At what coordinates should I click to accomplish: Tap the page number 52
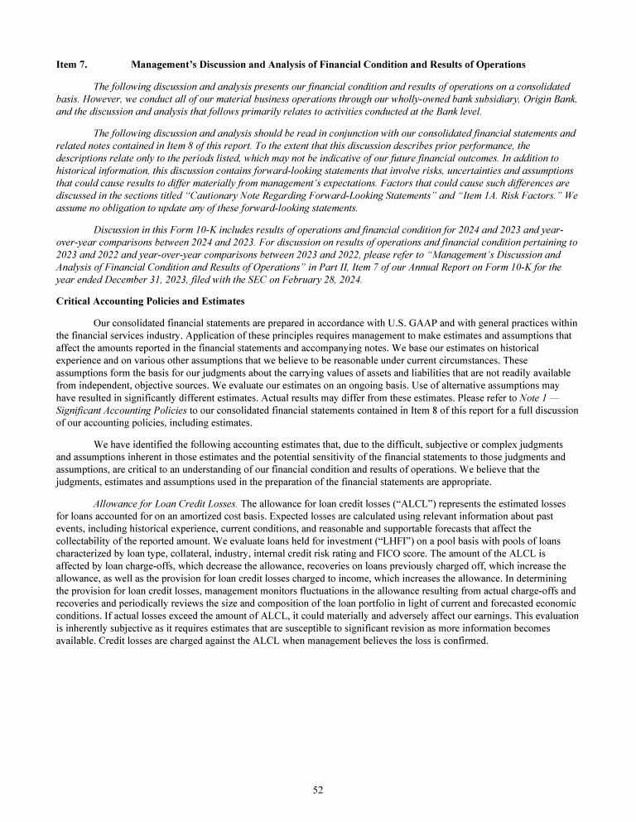tap(318, 790)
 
